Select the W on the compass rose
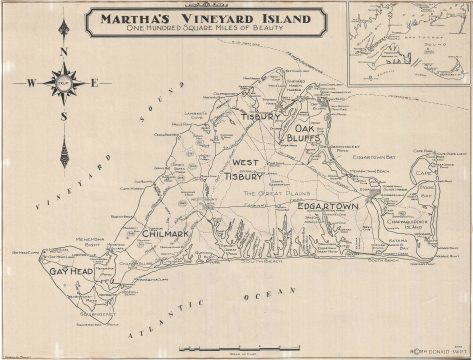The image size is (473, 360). click(x=31, y=83)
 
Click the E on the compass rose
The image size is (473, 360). click(x=94, y=83)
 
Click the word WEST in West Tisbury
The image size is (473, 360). click(x=246, y=162)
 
